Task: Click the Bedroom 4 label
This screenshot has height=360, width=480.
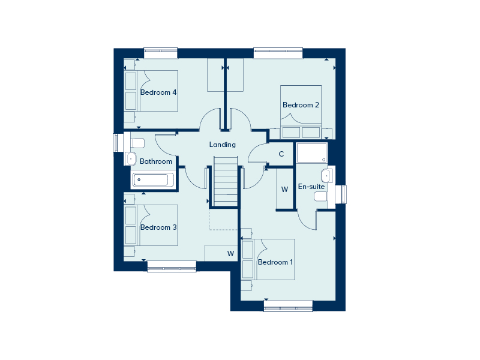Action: [158, 92]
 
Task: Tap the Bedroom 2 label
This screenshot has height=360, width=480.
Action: [301, 105]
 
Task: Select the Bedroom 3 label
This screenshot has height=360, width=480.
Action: [158, 227]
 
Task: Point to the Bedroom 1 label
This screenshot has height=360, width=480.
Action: [275, 262]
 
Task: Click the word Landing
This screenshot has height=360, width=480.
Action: [222, 145]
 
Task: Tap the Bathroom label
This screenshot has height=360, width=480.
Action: [156, 161]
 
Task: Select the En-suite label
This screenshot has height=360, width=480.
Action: [311, 187]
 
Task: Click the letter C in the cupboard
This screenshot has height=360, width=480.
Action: [281, 154]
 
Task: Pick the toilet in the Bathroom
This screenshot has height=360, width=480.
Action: [137, 143]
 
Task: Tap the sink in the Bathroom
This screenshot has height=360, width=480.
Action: [130, 158]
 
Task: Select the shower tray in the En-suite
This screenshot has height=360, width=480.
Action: [311, 152]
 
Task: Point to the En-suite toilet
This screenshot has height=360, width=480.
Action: [321, 197]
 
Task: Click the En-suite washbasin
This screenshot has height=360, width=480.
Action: [326, 176]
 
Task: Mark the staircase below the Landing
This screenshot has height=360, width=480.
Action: [226, 182]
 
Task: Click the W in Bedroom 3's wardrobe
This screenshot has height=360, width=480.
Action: [230, 253]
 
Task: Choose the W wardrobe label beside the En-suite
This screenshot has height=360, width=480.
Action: [284, 190]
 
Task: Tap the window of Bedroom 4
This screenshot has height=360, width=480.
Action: [161, 53]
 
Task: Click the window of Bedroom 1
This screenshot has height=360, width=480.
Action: [288, 306]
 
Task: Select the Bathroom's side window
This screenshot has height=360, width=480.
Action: [118, 143]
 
